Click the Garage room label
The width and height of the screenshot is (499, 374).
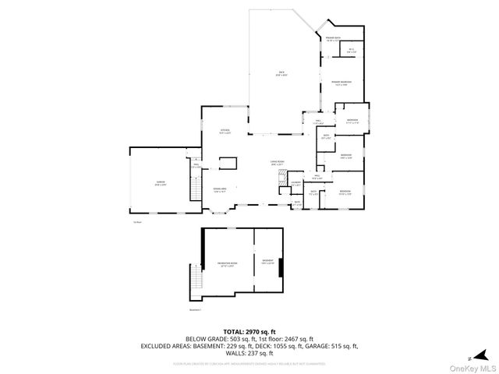(160, 183)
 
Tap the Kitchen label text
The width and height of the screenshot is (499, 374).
(225, 131)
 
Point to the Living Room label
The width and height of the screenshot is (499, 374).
(277, 163)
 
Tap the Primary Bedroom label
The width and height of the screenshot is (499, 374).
(340, 83)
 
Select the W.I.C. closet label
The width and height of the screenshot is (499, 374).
(352, 51)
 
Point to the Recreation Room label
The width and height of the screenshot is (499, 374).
(227, 265)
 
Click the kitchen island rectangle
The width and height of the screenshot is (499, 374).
(228, 162)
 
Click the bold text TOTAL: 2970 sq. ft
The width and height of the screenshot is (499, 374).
(249, 331)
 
